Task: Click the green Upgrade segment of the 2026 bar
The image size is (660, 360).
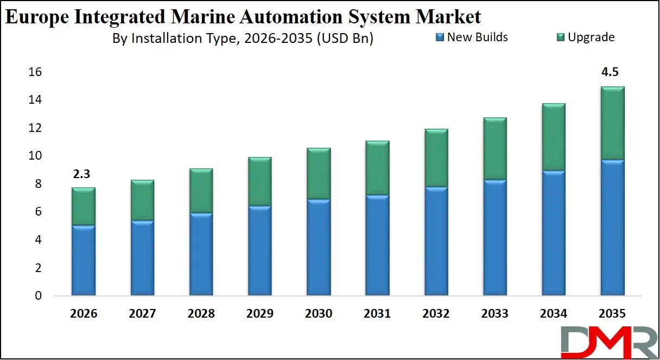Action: point(84,206)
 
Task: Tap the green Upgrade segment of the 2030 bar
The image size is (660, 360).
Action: point(318,174)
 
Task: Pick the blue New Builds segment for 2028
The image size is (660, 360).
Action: point(201,254)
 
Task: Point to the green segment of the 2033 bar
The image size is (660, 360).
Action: point(494,149)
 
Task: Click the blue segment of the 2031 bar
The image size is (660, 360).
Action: point(377,245)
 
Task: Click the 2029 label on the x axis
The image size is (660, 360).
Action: point(259,314)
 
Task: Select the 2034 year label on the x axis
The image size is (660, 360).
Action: point(553,314)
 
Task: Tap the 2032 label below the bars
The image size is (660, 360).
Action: point(435,314)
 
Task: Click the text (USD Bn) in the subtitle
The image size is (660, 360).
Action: point(345,39)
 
